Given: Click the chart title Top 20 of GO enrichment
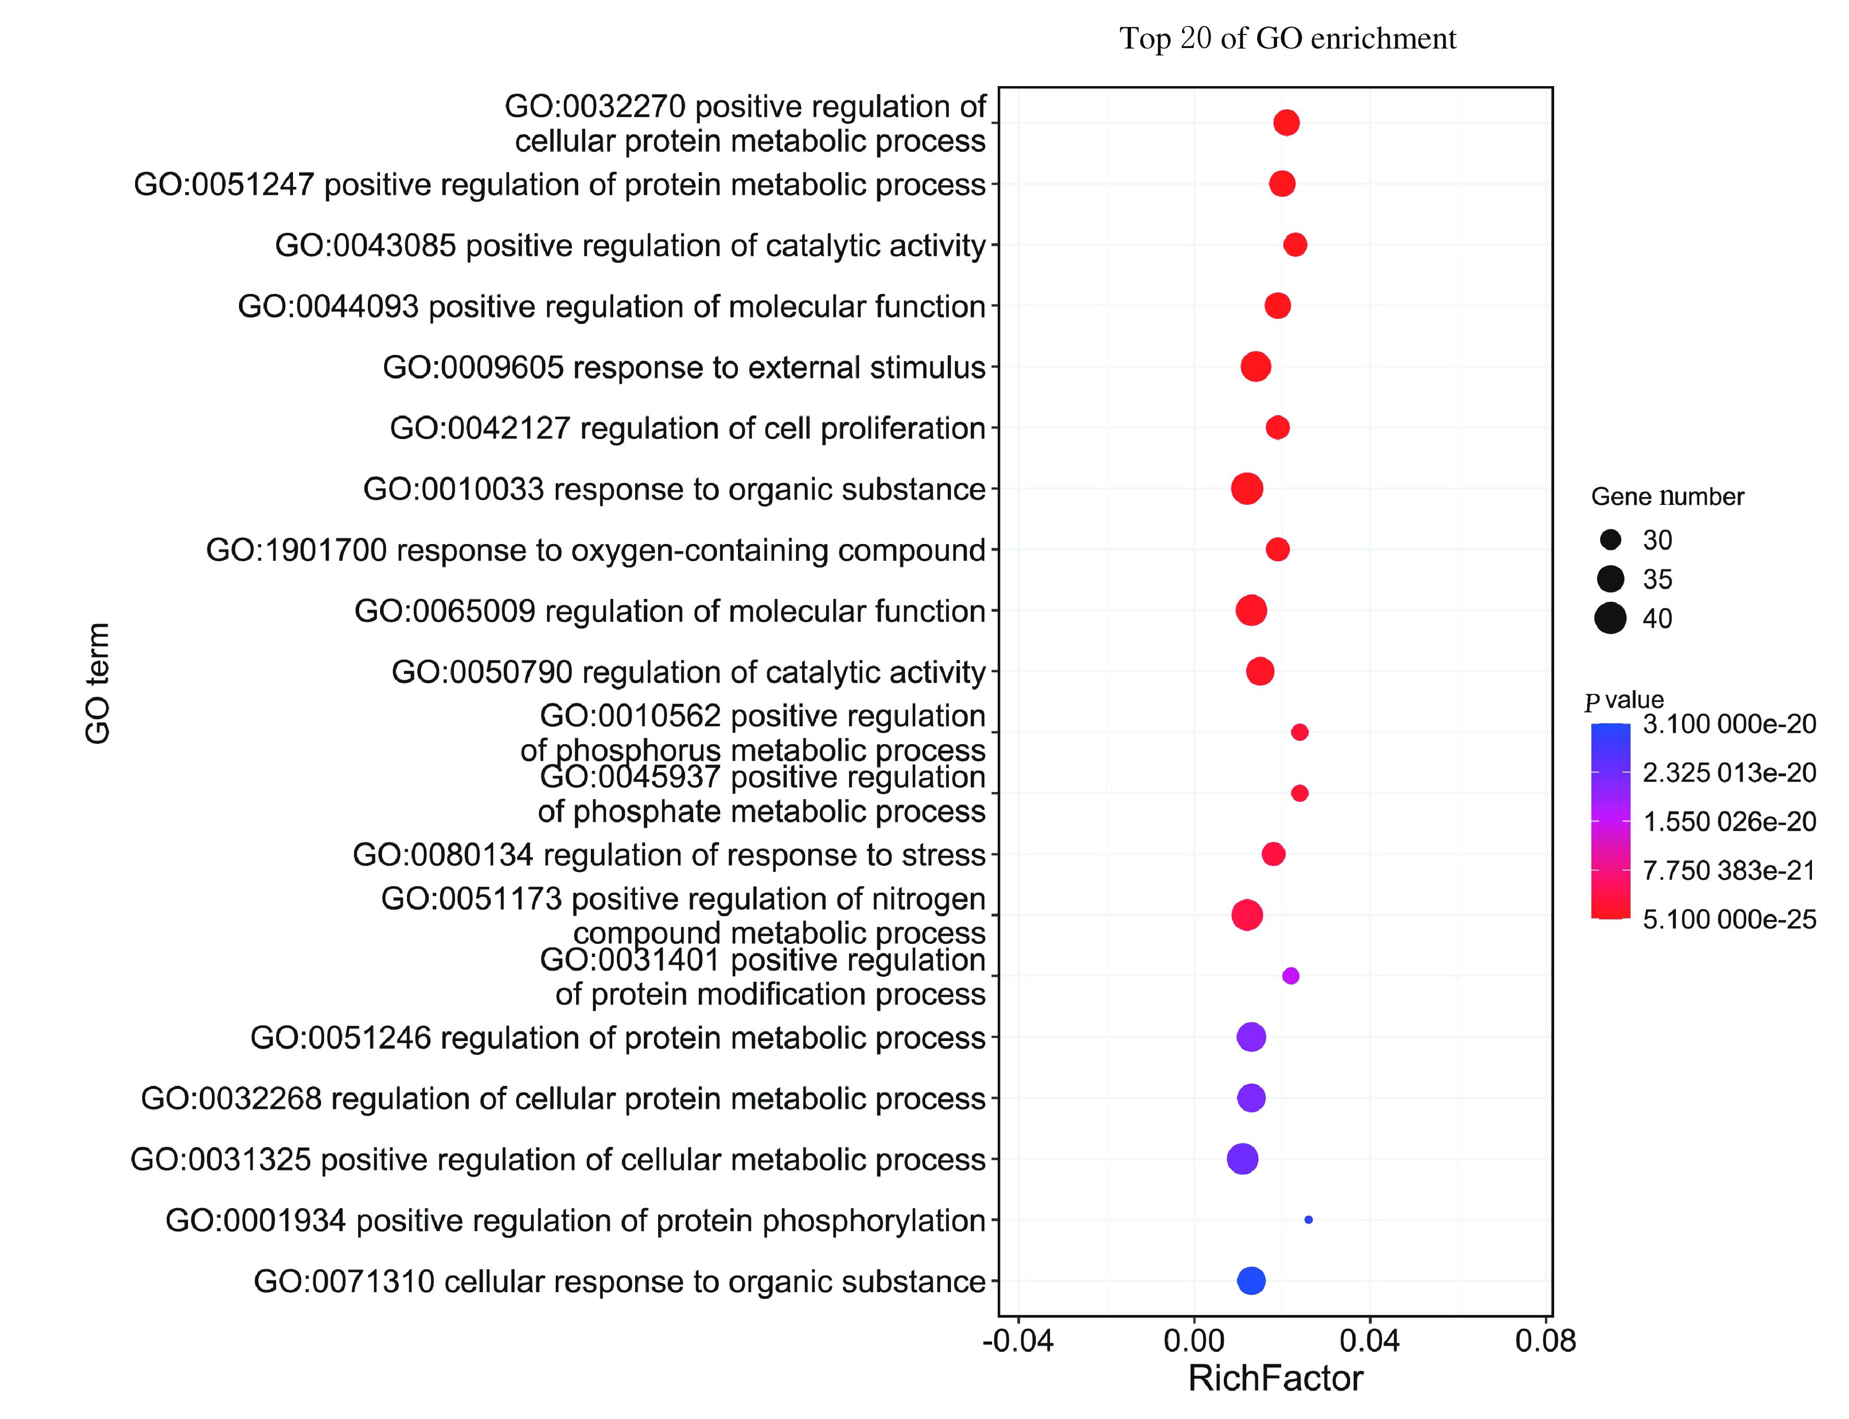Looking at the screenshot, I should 1287,39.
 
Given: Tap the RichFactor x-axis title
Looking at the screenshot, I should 1275,1378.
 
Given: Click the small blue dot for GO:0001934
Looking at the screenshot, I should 1308,1220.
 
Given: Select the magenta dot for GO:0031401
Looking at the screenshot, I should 1290,976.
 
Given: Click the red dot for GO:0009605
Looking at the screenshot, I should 1256,366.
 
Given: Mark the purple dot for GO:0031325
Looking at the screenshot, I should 1242,1159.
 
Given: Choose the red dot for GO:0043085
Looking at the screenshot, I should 1294,245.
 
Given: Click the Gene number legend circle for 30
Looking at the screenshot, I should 1610,540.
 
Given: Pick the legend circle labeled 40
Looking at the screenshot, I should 1610,618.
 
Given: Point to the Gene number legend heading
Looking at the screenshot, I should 1667,496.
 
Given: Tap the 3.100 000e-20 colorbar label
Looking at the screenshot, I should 1728,724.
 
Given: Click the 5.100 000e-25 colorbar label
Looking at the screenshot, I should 1728,919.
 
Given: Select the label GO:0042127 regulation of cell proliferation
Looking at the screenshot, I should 687,428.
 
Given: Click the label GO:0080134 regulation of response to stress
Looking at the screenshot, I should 669,855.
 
